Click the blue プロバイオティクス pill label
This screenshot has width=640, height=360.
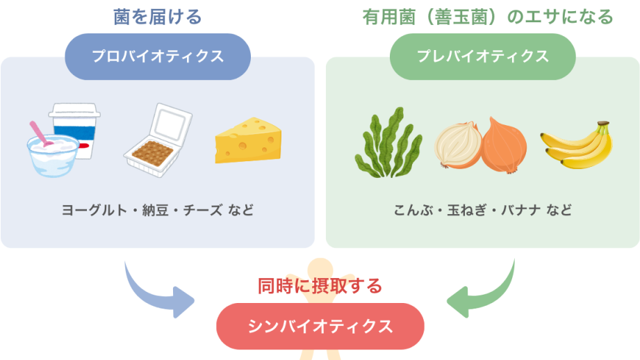tap(157, 56)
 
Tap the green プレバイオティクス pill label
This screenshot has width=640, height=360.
tap(482, 56)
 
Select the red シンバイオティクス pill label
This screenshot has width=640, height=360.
tap(320, 326)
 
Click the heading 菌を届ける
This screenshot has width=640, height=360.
tap(157, 17)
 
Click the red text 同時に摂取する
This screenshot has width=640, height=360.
tap(320, 286)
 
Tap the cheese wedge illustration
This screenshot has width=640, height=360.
tap(247, 140)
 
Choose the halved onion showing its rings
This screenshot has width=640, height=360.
tap(457, 146)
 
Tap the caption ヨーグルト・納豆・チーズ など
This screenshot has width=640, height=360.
tap(157, 209)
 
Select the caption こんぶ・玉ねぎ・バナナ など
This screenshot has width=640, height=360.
tap(482, 209)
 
